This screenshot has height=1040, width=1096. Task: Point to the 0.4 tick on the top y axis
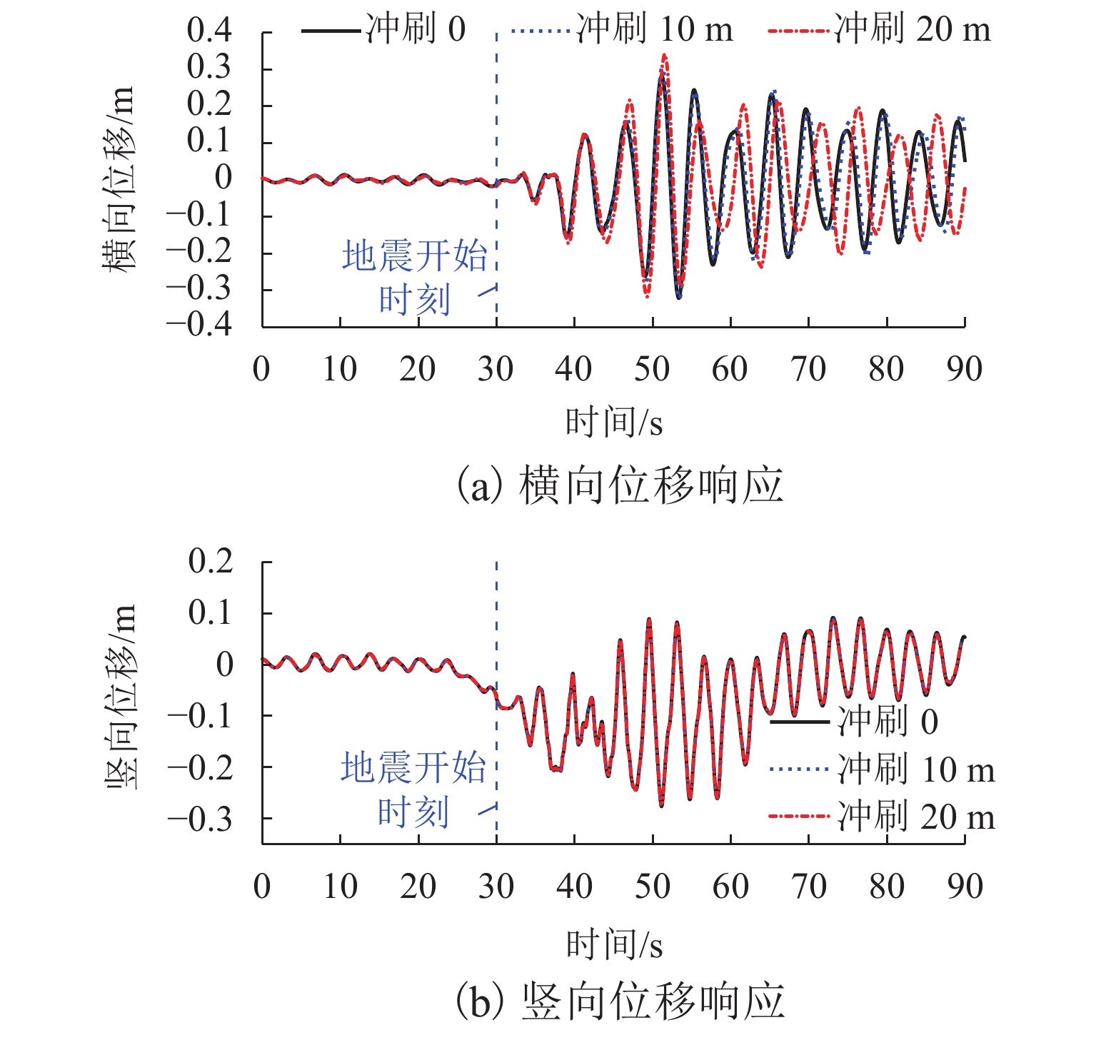(x=209, y=31)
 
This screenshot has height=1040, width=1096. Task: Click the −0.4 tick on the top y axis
(x=200, y=325)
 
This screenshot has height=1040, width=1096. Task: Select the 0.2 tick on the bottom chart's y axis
(x=211, y=562)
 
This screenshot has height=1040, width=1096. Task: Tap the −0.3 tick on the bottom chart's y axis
(x=201, y=819)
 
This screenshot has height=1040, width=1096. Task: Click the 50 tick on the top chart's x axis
(x=652, y=369)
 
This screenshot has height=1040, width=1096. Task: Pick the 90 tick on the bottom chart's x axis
(x=965, y=887)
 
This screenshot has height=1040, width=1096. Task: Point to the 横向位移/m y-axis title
(x=119, y=178)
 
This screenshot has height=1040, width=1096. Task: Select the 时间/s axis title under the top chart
(x=614, y=423)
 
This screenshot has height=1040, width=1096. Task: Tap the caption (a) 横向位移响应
(x=620, y=485)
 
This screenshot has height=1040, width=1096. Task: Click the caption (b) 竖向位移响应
(x=620, y=1001)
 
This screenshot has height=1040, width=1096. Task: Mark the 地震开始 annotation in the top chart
(x=414, y=256)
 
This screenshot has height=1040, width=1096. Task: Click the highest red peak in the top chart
(x=665, y=55)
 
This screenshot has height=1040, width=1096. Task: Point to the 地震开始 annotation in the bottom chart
(x=413, y=768)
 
